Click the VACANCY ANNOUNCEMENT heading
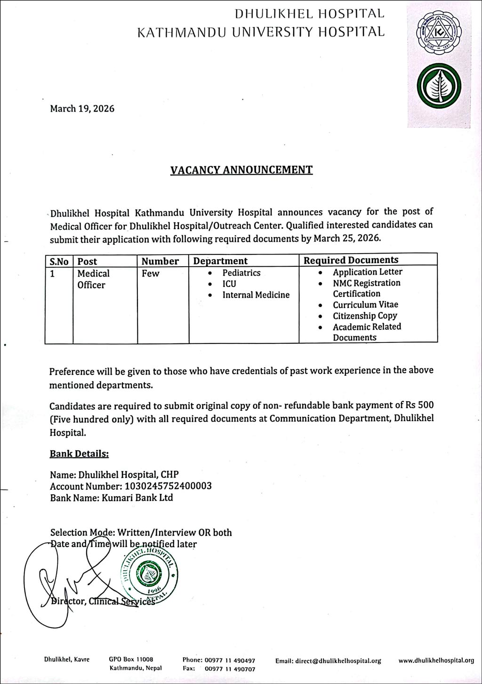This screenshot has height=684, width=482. pos(241,170)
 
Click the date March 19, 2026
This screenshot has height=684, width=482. pos(82,109)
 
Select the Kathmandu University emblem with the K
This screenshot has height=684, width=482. pos(439,33)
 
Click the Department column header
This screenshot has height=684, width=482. pos(220,261)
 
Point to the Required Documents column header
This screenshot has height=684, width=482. pos(351,260)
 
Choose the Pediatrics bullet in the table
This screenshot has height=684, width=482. pos(241,273)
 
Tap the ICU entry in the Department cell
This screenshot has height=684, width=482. pos(229,284)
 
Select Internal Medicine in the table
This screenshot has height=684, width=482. pos(256,295)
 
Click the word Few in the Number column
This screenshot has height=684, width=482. pos(150,273)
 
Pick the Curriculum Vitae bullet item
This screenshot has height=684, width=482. pos(365,305)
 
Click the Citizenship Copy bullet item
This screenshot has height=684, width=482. pos(365,316)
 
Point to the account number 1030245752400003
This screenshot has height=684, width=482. pos(167,486)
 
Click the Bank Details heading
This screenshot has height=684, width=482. pos(79,454)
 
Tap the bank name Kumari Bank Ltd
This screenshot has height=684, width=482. pos(137,497)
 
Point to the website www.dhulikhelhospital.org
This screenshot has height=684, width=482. pos(436,660)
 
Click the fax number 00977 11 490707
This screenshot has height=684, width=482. pos(230,668)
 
